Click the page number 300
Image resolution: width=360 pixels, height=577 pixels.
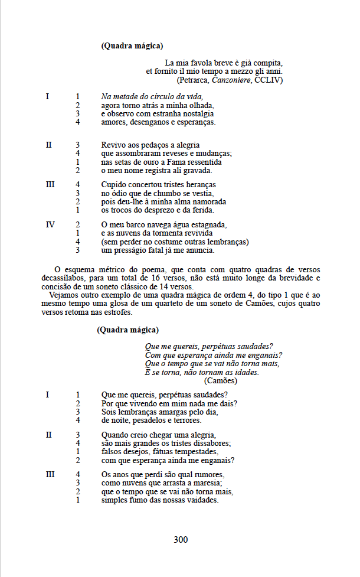click(x=181, y=539)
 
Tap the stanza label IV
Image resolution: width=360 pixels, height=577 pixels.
click(x=50, y=224)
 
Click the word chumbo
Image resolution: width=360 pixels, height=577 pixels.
click(x=163, y=193)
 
